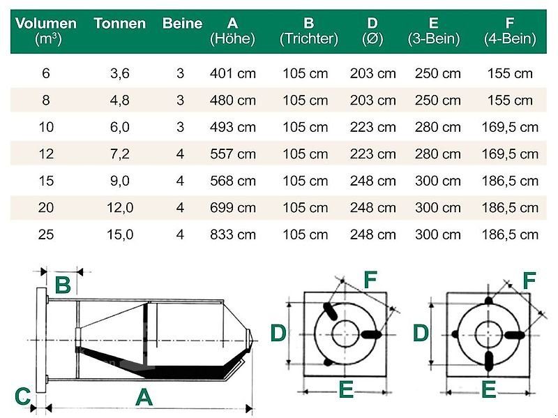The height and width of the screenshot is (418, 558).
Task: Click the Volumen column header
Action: (46, 31)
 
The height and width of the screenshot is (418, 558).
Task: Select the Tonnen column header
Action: (119, 24)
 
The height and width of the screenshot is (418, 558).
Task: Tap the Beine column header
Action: (182, 24)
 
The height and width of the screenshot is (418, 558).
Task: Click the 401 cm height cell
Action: (232, 73)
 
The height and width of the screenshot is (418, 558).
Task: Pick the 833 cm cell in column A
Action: (232, 234)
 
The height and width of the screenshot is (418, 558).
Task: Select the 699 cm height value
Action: (232, 208)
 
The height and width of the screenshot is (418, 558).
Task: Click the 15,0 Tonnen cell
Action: (119, 234)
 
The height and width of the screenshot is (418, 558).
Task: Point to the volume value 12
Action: (46, 154)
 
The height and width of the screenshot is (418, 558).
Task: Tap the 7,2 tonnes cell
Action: (119, 154)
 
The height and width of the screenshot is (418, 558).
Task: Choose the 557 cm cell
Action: (232, 154)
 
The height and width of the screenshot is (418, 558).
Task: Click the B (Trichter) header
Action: (308, 31)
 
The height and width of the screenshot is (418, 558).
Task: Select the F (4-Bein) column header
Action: (509, 31)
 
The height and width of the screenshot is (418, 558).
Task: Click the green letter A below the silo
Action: (144, 397)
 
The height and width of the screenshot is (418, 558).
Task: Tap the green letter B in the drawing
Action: (63, 285)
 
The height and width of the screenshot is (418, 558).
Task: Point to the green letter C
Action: (22, 397)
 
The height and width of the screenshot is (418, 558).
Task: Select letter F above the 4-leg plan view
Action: (529, 281)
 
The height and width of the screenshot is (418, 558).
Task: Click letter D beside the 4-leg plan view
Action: (421, 334)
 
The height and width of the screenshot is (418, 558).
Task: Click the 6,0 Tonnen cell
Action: (119, 127)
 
